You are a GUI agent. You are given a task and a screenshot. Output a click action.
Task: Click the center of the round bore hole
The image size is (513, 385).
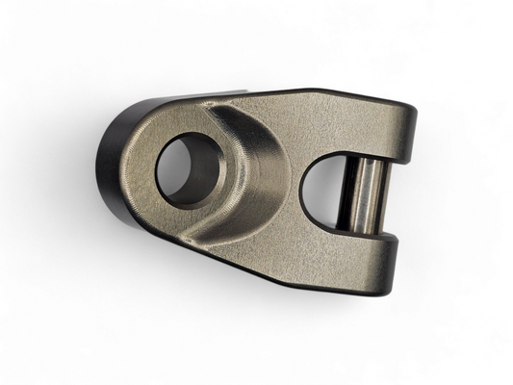[189, 170]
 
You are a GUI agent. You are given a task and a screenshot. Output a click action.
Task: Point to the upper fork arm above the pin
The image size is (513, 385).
[375, 125]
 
